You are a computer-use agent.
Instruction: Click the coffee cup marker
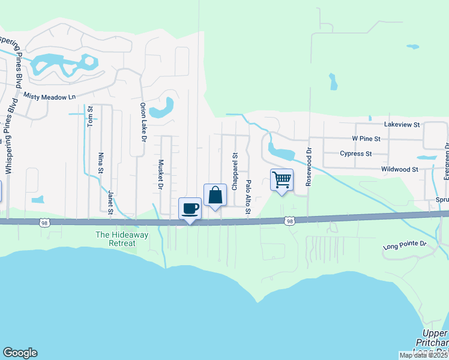pyautogui.click(x=190, y=209)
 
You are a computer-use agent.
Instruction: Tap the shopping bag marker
pyautogui.click(x=215, y=196)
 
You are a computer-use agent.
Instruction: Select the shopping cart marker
pyautogui.click(x=282, y=181)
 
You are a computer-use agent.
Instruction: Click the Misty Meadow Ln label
pyautogui.click(x=50, y=96)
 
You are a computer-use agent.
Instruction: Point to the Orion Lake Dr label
pyautogui.click(x=143, y=122)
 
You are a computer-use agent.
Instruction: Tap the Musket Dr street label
pyautogui.click(x=161, y=175)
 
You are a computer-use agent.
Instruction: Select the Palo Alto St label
pyautogui.click(x=248, y=196)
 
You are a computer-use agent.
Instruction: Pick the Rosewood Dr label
pyautogui.click(x=310, y=167)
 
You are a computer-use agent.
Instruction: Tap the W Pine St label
pyautogui.click(x=366, y=139)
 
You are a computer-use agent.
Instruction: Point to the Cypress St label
pyautogui.click(x=356, y=154)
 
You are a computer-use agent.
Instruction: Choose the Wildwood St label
pyautogui.click(x=400, y=170)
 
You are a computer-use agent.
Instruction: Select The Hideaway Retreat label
pyautogui.click(x=122, y=239)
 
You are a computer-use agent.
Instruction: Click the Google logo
pyautogui.click(x=20, y=353)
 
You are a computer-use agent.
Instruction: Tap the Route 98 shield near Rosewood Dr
pyautogui.click(x=290, y=221)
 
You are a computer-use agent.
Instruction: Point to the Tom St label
pyautogui.click(x=91, y=116)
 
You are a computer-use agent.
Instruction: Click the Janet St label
pyautogui.click(x=110, y=202)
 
